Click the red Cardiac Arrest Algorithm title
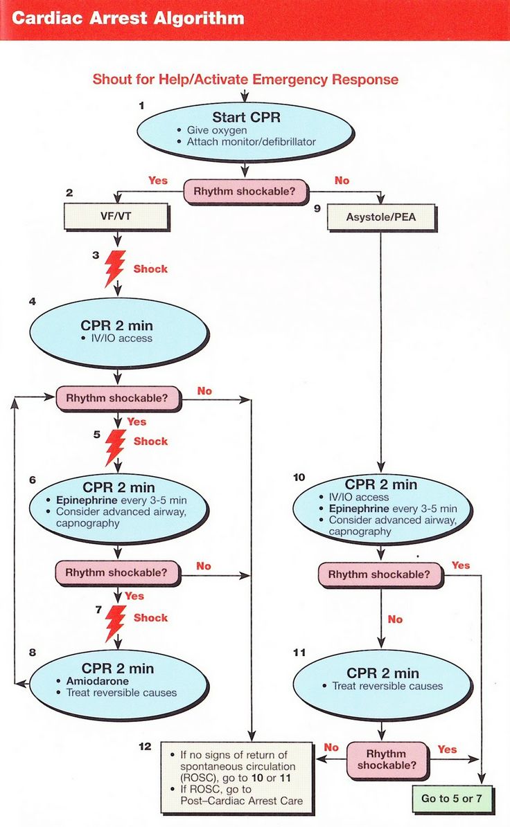click(x=128, y=18)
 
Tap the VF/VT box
click(x=116, y=217)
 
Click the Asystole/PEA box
click(x=380, y=217)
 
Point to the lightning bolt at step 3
click(x=114, y=269)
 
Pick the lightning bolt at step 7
click(x=114, y=618)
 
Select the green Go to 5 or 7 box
click(x=451, y=798)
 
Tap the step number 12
click(x=145, y=746)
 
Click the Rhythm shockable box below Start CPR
click(x=245, y=192)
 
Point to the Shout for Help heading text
click(x=245, y=79)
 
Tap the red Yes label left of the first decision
click(x=158, y=180)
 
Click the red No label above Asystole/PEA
click(x=342, y=180)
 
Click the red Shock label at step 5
click(x=150, y=441)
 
